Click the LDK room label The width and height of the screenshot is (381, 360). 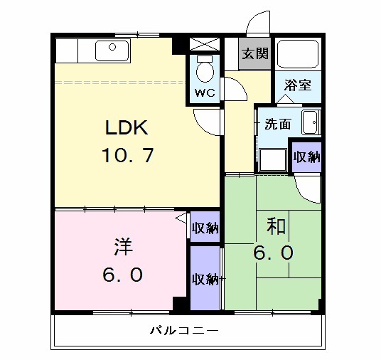pyautogui.click(x=126, y=129)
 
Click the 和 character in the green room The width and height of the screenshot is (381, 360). pyautogui.click(x=276, y=227)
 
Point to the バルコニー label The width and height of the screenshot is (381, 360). pyautogui.click(x=183, y=331)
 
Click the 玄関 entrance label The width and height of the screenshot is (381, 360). pyautogui.click(x=254, y=54)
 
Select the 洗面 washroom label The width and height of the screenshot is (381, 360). pyautogui.click(x=277, y=124)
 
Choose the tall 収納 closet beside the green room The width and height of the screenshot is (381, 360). pyautogui.click(x=205, y=278)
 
